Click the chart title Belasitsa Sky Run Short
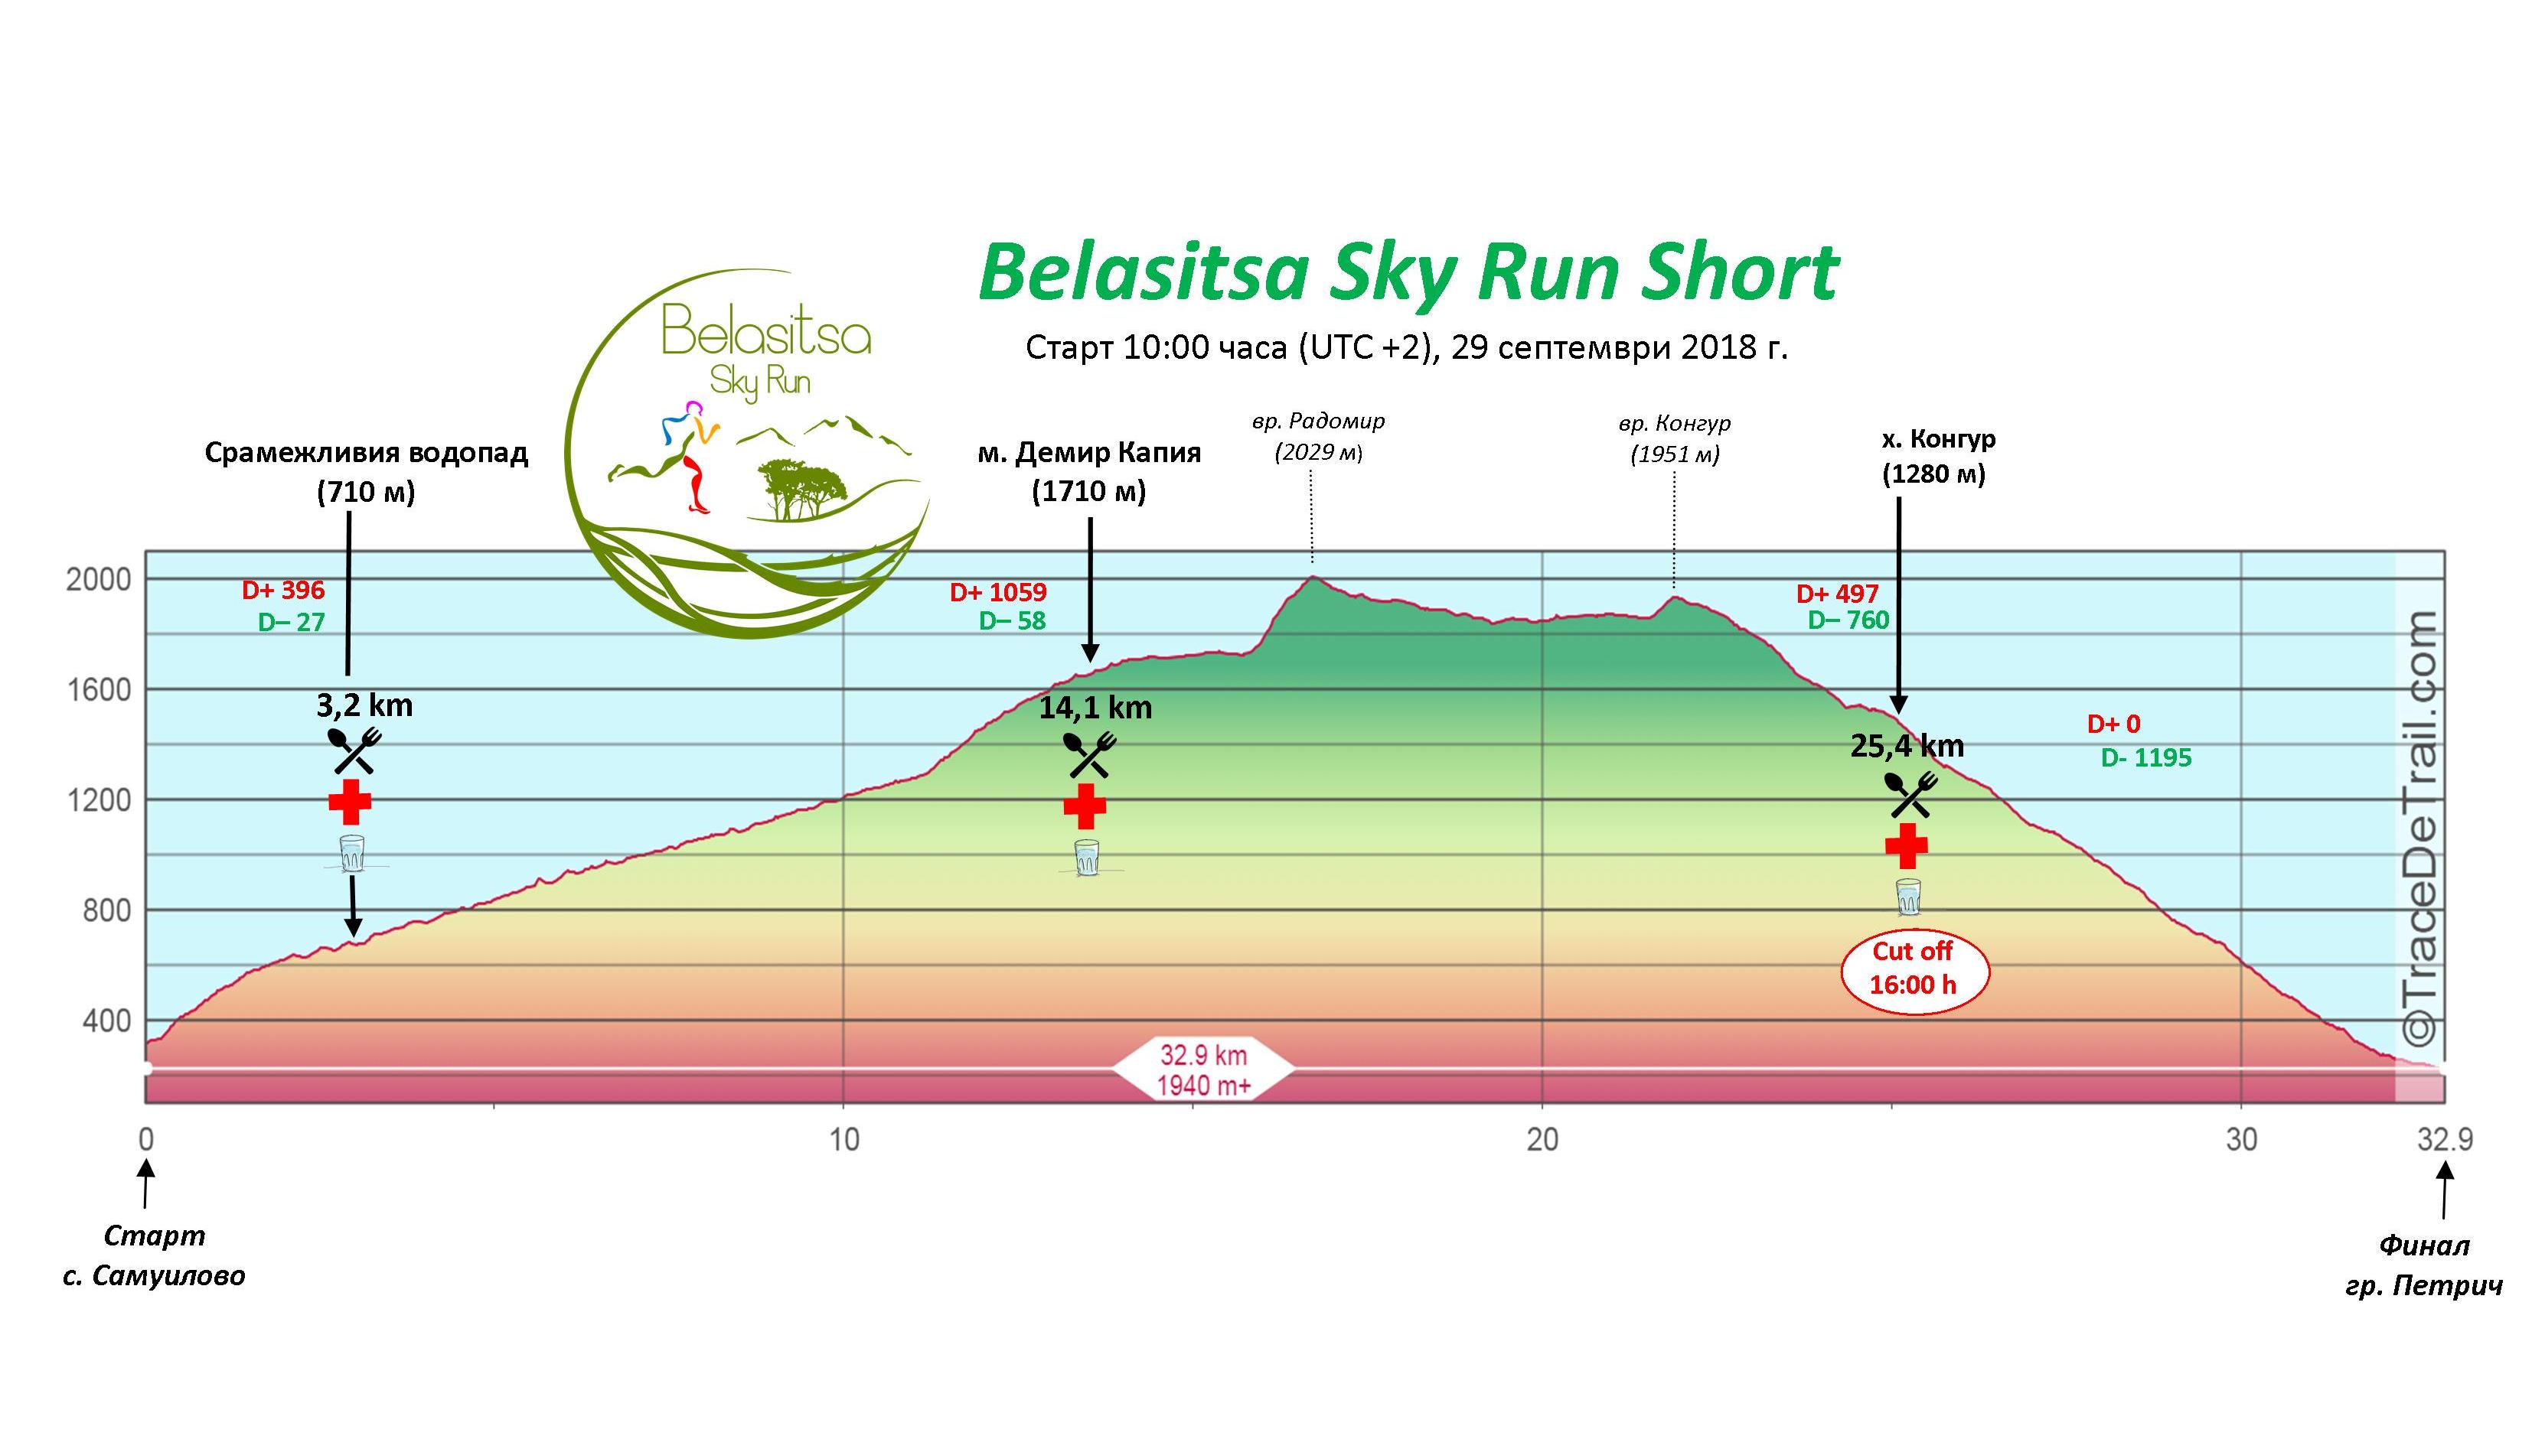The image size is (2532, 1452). pos(1408,272)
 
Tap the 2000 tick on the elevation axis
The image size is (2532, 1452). pos(98,579)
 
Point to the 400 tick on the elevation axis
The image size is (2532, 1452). pos(104,1021)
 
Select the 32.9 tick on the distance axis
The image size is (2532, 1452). pos(2443,1139)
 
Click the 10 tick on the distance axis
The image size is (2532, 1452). pos(844,1139)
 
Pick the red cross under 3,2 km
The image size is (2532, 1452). pos(349,802)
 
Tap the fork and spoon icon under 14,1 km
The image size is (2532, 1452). pos(1088,756)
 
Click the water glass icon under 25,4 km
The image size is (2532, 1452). pos(1907,897)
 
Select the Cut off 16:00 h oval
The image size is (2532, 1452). pos(1914,969)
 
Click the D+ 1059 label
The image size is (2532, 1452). pos(997,592)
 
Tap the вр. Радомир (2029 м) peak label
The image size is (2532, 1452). pos(1318,437)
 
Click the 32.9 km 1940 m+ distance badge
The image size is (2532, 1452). pos(1203,1070)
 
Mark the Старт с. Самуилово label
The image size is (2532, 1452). pos(154,1255)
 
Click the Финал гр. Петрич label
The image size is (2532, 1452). pos(2423,1265)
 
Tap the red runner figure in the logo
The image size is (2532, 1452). pos(695,477)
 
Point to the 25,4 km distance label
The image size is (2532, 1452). pos(1907,746)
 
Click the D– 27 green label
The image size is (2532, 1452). pos(292,622)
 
